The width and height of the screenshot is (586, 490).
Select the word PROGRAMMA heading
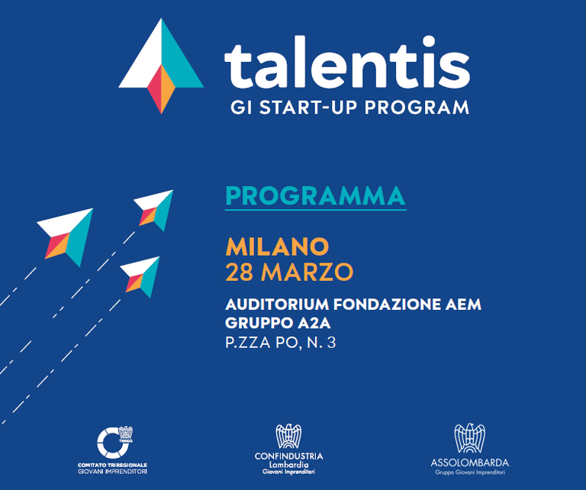tap(315, 196)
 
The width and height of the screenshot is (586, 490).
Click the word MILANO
tap(277, 247)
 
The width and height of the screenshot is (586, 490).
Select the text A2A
tap(307, 324)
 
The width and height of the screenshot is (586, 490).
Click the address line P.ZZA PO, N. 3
tap(280, 343)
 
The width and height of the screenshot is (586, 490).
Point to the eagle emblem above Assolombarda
tap(468, 439)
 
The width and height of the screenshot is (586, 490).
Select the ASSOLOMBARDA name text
tap(469, 463)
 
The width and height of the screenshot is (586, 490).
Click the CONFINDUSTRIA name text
tap(288, 456)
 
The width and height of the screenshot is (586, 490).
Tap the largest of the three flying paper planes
tap(67, 234)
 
